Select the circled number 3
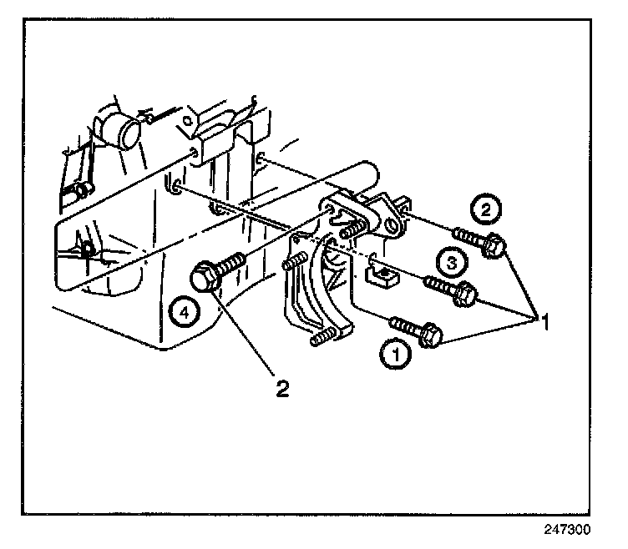click(450, 264)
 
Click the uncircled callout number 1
click(543, 320)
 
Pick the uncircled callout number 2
click(283, 389)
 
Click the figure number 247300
click(570, 530)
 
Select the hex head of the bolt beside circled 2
click(494, 245)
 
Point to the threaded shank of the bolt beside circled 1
click(405, 325)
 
